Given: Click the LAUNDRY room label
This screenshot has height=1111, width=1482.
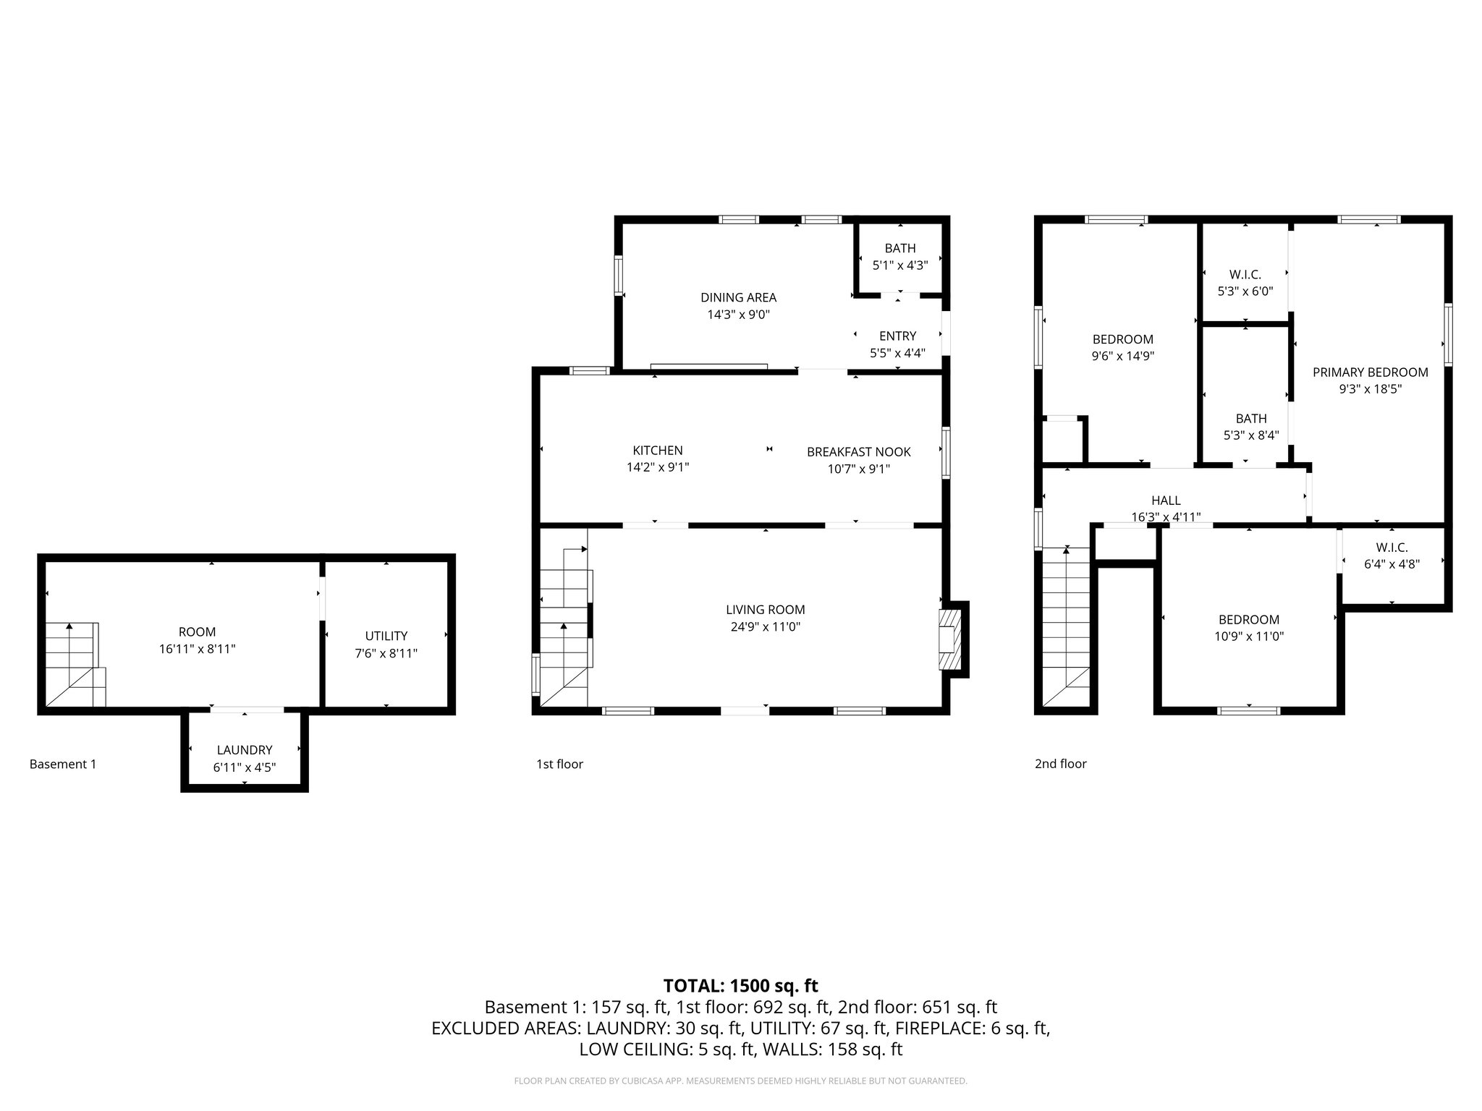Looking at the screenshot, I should (x=245, y=750).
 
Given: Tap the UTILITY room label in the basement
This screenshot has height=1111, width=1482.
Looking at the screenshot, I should (x=386, y=636).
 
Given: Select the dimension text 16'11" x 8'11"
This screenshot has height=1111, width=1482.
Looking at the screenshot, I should (x=197, y=650).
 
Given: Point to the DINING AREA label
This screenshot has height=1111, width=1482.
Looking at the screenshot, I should (x=738, y=297).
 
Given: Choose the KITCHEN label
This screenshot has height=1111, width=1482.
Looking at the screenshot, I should (x=657, y=451).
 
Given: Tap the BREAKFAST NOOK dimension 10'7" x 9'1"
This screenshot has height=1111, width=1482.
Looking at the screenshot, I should (x=858, y=469).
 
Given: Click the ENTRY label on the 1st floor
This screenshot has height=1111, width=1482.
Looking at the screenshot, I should (x=897, y=336).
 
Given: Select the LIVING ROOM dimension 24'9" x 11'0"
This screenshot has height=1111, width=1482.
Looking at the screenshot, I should (x=766, y=627).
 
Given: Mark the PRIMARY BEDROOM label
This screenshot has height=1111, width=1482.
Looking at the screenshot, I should (x=1370, y=373).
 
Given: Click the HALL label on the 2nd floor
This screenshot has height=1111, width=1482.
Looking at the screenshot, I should (x=1166, y=501).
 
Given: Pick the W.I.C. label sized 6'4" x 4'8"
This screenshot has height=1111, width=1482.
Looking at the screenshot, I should (x=1392, y=548).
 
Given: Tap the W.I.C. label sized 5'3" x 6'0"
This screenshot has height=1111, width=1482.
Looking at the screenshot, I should (x=1245, y=275).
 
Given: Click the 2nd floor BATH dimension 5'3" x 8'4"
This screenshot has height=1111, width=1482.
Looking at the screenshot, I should (x=1250, y=435).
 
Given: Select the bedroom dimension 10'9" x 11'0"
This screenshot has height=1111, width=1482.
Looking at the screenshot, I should (x=1248, y=637).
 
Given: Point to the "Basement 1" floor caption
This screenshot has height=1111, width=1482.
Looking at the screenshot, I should (x=62, y=764).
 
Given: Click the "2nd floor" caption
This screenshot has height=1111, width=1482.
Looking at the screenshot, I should (x=1060, y=764).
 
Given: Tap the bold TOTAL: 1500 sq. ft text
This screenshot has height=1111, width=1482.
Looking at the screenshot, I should (x=740, y=985).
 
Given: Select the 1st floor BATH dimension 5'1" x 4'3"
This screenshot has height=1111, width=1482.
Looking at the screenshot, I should (x=899, y=265).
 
